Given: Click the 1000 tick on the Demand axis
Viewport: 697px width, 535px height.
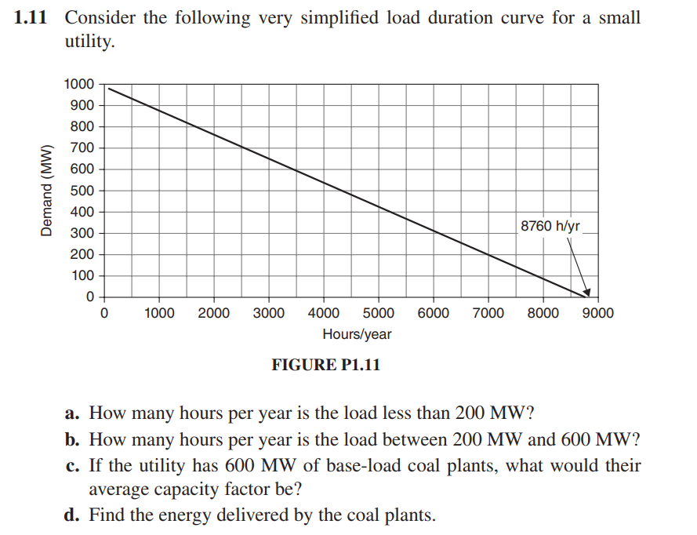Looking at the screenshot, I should (x=80, y=84).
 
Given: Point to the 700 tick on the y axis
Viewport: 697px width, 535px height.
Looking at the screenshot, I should (x=82, y=147).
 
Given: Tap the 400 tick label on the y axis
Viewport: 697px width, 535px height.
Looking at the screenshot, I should (x=82, y=212).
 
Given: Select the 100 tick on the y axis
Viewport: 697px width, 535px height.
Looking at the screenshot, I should (x=82, y=275).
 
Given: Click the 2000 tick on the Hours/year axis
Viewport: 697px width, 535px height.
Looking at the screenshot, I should (x=213, y=313).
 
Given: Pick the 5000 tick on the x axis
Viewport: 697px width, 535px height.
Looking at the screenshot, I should (x=379, y=313).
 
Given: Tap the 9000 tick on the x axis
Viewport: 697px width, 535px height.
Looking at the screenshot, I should (x=598, y=313).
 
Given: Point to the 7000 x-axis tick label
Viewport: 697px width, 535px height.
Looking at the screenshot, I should (x=488, y=313).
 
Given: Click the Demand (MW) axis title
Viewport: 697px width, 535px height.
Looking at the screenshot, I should (x=47, y=191).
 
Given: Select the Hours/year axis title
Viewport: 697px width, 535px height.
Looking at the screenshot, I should (x=357, y=334).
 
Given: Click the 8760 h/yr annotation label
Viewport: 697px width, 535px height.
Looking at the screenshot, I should (x=550, y=226).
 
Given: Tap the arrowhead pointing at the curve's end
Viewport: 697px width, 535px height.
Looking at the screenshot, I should (x=586, y=292).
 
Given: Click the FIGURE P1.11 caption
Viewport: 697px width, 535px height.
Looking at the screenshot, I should (x=325, y=365).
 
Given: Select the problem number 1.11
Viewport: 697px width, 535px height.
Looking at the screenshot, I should (x=31, y=17).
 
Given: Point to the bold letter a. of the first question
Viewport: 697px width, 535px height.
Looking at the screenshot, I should (x=73, y=413).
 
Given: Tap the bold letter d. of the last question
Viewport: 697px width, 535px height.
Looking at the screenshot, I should (x=74, y=515).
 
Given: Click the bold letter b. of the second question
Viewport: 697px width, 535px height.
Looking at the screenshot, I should (x=74, y=439).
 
